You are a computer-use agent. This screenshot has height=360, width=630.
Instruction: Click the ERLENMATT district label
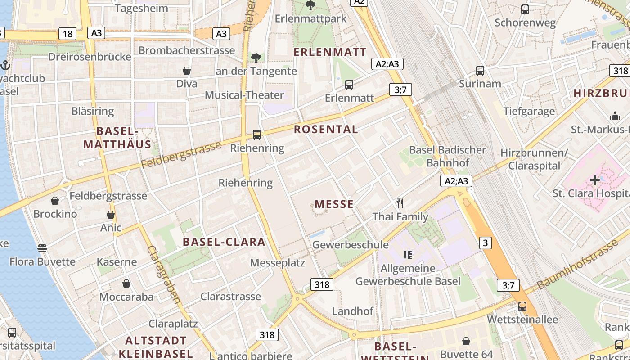click(x=330, y=52)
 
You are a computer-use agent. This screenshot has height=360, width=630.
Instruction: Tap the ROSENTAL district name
click(x=326, y=130)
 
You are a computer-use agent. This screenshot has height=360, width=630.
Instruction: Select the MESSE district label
click(x=334, y=204)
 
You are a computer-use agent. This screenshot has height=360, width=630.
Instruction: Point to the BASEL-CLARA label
click(x=224, y=242)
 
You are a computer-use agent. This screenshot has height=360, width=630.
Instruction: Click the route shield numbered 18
click(x=67, y=34)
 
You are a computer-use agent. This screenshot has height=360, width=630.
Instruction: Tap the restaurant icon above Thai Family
click(x=400, y=203)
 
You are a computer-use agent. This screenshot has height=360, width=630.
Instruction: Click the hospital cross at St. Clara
click(x=594, y=180)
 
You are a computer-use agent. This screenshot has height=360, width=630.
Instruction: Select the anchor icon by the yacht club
click(x=5, y=66)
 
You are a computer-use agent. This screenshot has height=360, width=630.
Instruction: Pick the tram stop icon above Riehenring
click(x=257, y=135)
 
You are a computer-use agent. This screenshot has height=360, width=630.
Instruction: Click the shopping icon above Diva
click(x=187, y=71)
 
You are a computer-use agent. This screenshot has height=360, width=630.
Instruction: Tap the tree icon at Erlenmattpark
click(x=310, y=5)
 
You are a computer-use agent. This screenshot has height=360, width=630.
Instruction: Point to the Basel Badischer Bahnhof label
click(x=448, y=156)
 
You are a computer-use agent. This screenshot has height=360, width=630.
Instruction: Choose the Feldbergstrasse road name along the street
click(x=181, y=155)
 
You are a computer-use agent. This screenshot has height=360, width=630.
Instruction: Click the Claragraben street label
click(x=164, y=274)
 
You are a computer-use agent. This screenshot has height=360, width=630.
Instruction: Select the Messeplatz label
click(x=278, y=263)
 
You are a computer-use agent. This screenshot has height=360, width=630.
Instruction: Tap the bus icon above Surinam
click(x=480, y=71)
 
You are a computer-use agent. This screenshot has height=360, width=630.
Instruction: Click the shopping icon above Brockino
click(x=55, y=201)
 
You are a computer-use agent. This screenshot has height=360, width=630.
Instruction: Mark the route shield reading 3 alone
click(x=485, y=243)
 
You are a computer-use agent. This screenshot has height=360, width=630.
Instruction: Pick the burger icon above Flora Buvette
click(x=42, y=248)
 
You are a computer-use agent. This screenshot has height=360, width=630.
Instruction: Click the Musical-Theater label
click(x=244, y=95)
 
